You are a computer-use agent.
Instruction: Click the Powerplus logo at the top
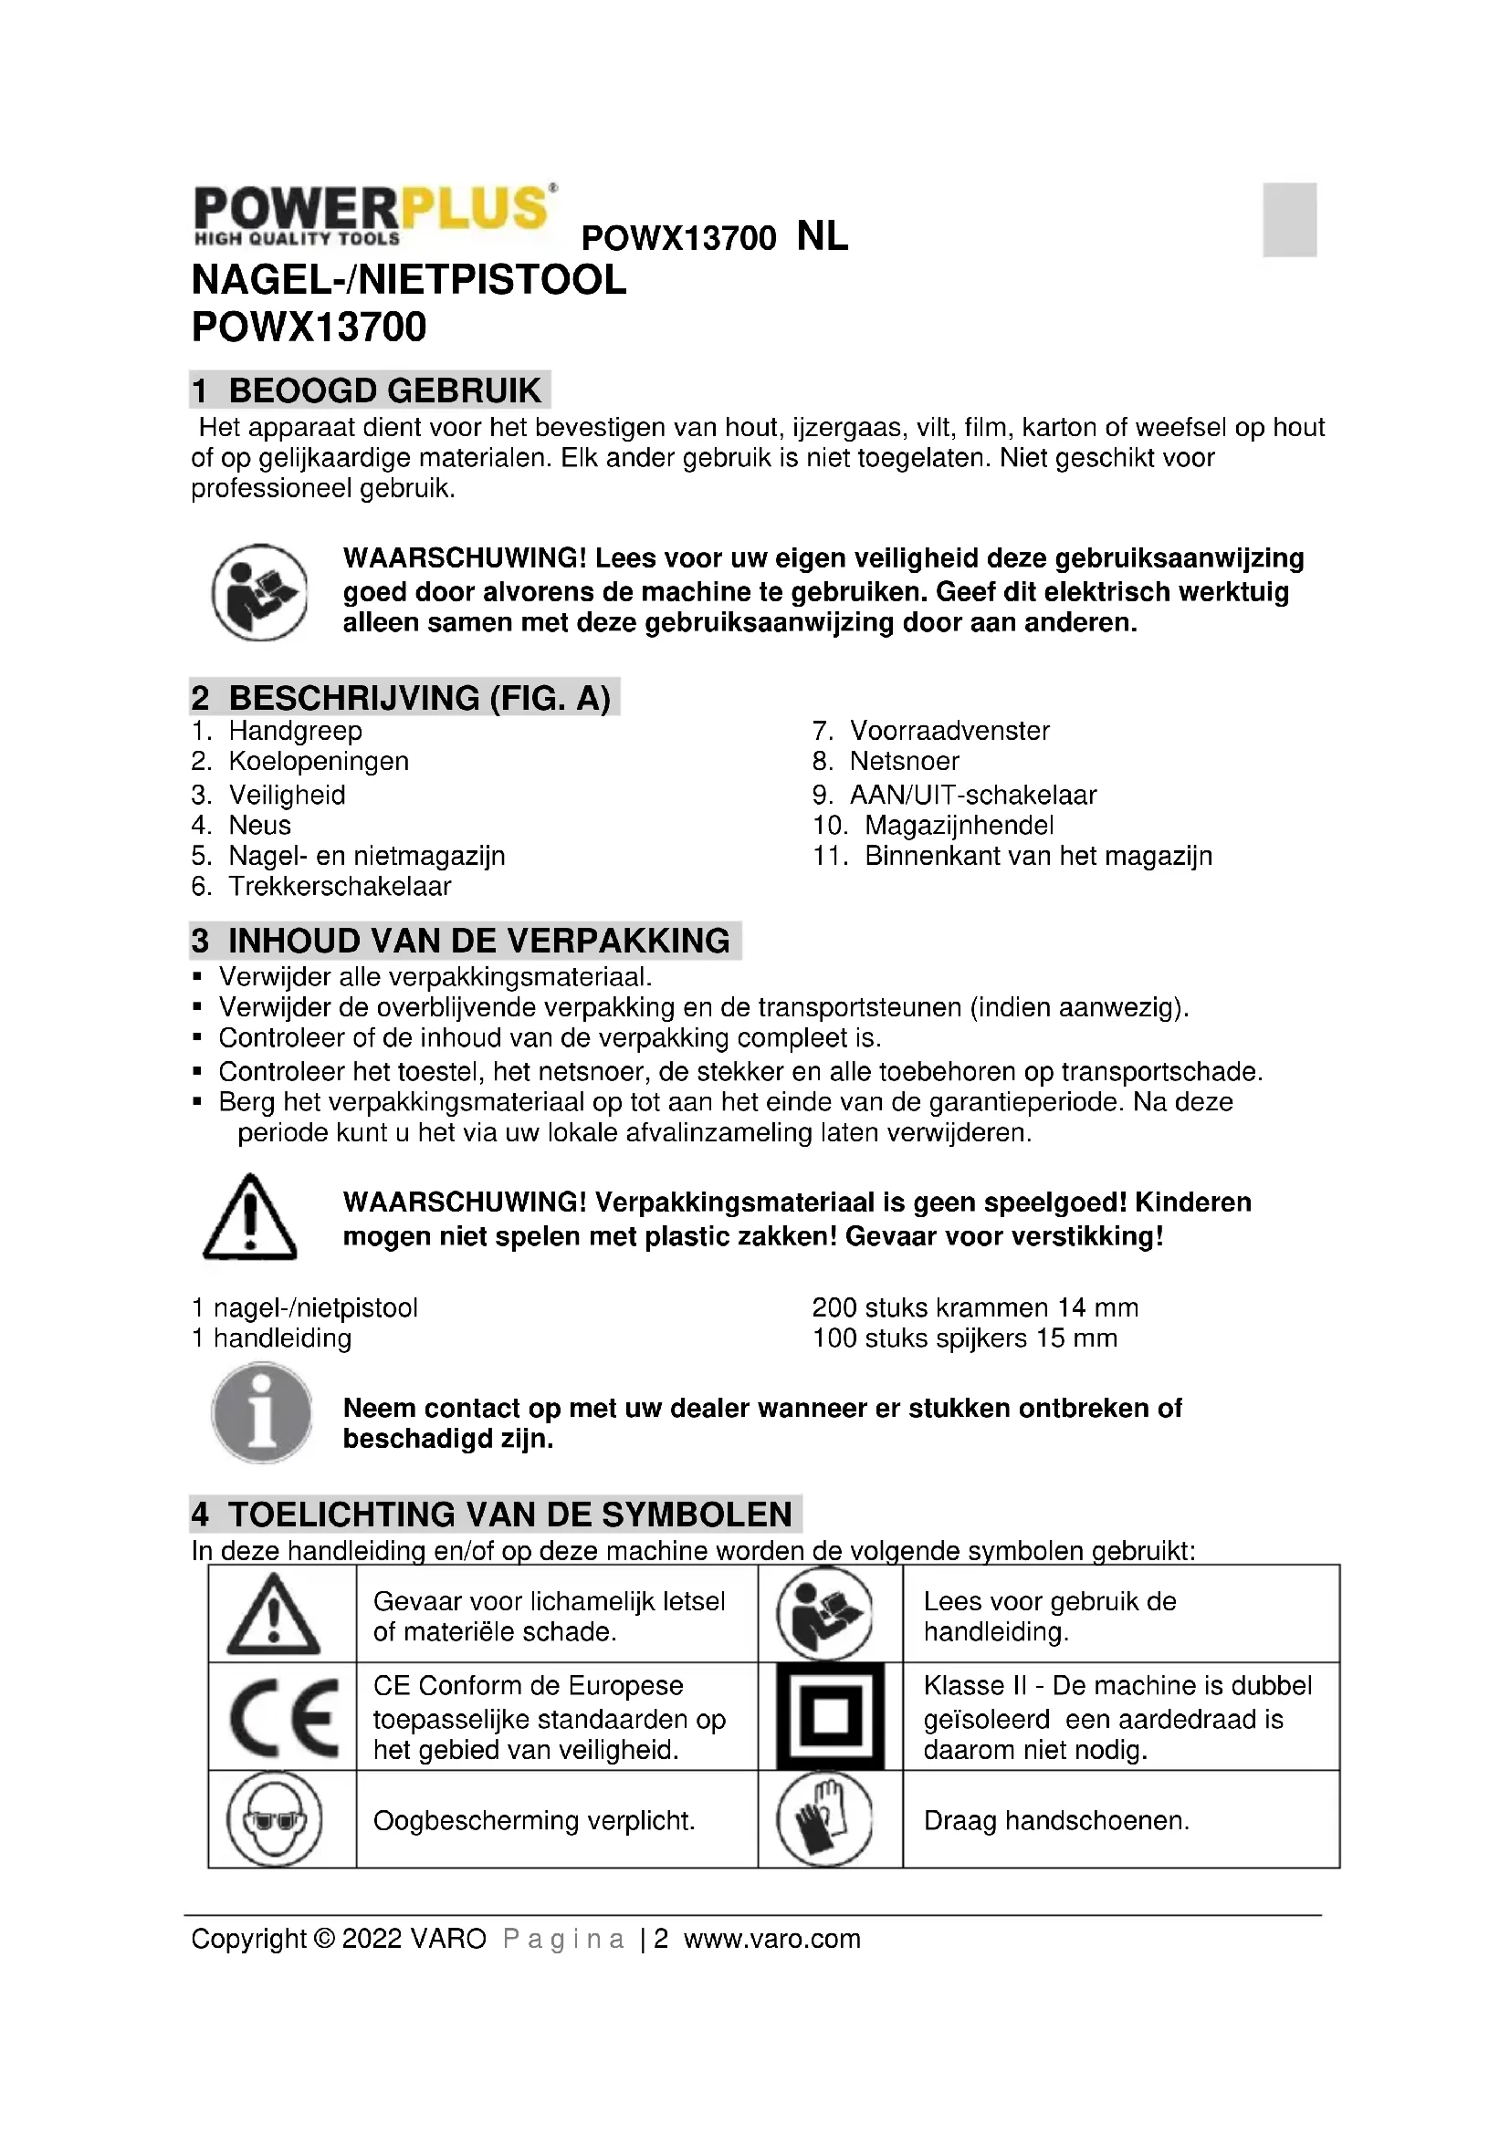point(374,214)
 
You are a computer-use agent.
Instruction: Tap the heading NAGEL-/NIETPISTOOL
point(409,281)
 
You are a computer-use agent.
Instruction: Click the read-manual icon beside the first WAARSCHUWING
point(259,592)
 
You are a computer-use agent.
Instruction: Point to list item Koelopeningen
point(318,761)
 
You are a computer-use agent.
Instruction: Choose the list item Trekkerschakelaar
point(340,887)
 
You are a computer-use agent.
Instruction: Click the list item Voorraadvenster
point(949,731)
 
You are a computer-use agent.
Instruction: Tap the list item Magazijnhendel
point(959,826)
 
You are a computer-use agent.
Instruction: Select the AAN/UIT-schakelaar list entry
point(972,795)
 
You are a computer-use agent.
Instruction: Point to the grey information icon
point(261,1412)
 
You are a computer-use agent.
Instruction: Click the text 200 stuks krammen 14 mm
point(974,1307)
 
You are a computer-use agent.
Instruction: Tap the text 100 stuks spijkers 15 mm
point(964,1338)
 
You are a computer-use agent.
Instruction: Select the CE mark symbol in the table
point(283,1717)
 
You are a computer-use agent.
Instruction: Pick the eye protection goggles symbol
point(274,1819)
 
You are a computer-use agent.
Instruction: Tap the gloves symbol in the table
point(825,1819)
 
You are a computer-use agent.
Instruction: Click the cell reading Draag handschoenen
point(1056,1821)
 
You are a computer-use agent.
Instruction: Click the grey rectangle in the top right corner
point(1289,219)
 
